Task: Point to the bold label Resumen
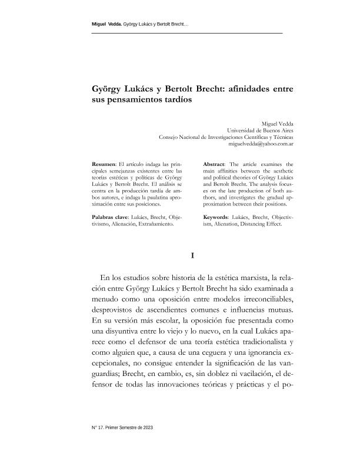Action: [x=104, y=163]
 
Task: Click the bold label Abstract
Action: [x=215, y=163]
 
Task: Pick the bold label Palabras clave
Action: [x=110, y=217]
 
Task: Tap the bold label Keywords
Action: [x=218, y=217]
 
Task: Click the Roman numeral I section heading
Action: [x=193, y=255]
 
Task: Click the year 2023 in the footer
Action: [x=146, y=427]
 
